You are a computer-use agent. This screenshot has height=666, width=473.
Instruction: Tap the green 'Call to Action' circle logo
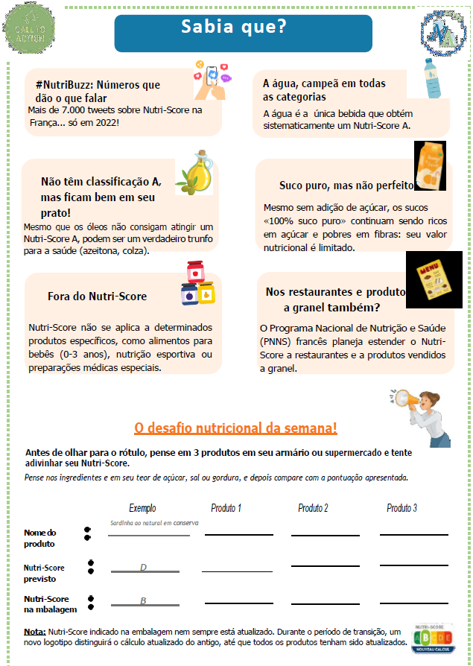29,30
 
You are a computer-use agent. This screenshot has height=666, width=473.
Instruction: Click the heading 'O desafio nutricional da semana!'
235,428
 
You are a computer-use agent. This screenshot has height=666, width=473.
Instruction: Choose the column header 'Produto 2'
313,508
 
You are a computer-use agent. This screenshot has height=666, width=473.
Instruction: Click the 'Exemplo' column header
142,508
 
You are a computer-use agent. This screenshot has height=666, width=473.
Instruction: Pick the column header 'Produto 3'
401,508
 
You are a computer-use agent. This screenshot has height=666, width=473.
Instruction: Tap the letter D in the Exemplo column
143,568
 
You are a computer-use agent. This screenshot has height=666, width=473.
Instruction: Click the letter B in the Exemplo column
143,600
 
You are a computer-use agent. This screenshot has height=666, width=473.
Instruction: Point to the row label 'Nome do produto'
40,538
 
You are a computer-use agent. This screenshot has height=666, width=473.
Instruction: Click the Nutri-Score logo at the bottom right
431,639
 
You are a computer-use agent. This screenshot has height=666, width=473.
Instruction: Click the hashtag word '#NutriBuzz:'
64,85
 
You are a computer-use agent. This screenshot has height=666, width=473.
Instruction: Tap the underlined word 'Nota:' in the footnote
34,631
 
